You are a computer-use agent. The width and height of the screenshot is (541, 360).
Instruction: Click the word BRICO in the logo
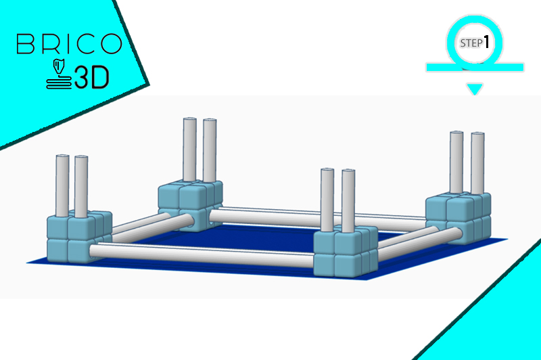point(69,43)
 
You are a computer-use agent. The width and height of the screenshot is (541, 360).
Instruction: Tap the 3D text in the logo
point(91,77)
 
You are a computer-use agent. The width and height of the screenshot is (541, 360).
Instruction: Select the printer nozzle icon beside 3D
point(59,74)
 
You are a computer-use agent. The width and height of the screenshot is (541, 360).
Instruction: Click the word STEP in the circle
point(471,43)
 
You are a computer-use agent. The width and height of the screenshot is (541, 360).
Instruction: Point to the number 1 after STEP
point(486,42)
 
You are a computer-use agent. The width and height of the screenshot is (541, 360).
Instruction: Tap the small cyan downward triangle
point(475,89)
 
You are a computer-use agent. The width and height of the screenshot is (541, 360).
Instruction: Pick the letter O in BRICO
point(111,43)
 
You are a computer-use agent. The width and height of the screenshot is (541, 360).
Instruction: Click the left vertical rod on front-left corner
point(62,185)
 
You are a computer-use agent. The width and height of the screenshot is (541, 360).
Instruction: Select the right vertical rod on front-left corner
point(81,187)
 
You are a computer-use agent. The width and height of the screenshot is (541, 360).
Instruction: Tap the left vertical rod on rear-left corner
point(190,150)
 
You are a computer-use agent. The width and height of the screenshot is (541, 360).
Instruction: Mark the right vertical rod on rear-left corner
point(210,150)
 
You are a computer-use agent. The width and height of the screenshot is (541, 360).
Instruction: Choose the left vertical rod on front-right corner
point(327,200)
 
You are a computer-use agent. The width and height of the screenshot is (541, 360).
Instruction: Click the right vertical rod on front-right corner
point(348,201)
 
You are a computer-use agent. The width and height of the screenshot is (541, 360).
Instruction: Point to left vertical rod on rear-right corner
point(456,162)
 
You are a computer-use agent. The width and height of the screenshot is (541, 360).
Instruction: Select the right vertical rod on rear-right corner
point(478,163)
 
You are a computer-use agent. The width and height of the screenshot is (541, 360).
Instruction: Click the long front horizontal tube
point(202,255)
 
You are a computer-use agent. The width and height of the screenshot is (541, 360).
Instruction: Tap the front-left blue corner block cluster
point(79,236)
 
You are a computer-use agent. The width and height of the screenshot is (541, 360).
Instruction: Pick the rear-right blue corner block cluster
point(458,218)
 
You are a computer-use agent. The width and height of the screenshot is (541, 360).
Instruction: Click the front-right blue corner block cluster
point(346,252)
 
